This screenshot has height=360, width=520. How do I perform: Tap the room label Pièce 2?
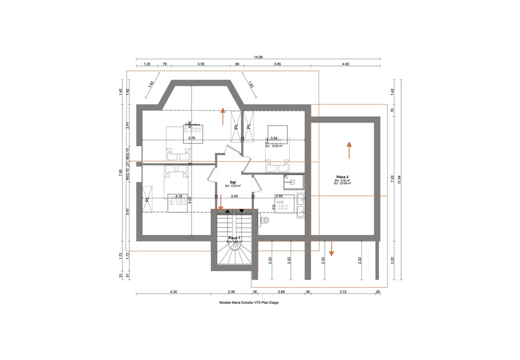tap(342, 177)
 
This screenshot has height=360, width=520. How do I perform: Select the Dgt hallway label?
tap(233, 182)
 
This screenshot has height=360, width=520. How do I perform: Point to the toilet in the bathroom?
tap(265, 220)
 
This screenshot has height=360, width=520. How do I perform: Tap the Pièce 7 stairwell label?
tap(234, 238)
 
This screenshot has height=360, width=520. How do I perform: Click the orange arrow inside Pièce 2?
tap(349, 150)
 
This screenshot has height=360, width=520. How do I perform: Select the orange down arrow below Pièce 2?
tap(332, 248)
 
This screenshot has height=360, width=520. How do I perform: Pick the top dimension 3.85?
tap(277, 64)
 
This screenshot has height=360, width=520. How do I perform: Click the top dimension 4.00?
tap(345, 64)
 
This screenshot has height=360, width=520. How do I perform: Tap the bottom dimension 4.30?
tap(174, 292)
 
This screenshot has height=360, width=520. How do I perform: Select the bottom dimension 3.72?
tap(343, 292)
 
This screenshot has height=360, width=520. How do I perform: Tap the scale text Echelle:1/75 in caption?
tap(248, 303)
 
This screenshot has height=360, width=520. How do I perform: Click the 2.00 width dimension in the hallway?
tap(234, 196)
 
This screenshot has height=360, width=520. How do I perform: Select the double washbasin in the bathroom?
tap(301, 206)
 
